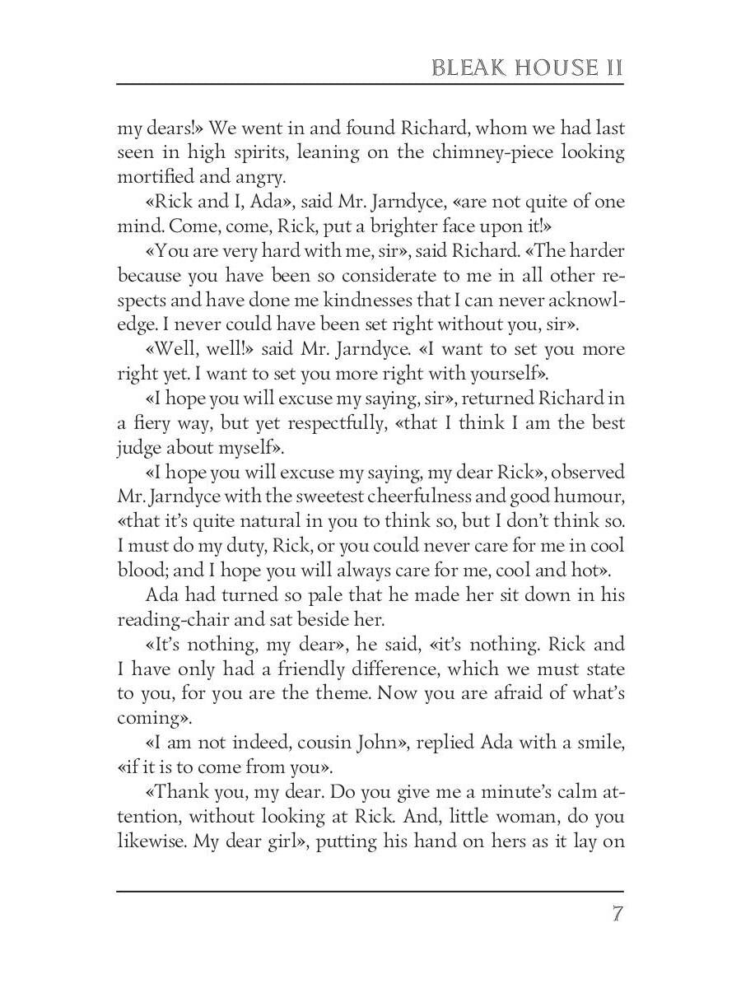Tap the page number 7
(616, 915)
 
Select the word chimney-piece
(464, 152)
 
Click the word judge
(138, 448)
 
